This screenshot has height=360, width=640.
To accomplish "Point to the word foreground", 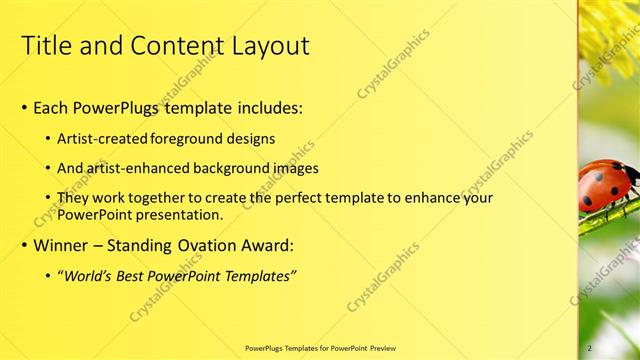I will (x=195, y=138).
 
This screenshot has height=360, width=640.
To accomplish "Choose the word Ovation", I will (x=208, y=245).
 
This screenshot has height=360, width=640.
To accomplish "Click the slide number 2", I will (x=590, y=348).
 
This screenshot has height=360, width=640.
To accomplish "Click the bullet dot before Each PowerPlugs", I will (x=25, y=108).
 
